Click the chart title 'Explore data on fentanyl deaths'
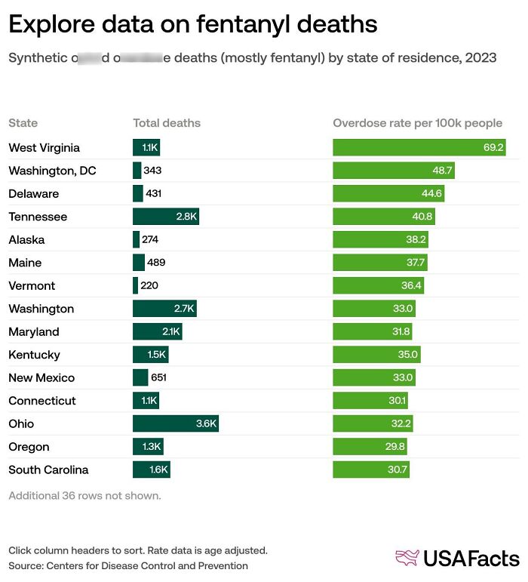click(x=192, y=24)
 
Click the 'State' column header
click(x=23, y=123)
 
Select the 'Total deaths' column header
click(x=167, y=123)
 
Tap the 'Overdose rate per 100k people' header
click(x=417, y=123)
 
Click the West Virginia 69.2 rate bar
click(x=419, y=147)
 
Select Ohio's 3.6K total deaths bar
click(x=176, y=423)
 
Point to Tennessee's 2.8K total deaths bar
click(x=166, y=217)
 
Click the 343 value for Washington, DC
click(x=152, y=171)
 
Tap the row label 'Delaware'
click(x=33, y=194)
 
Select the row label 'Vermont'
click(x=31, y=286)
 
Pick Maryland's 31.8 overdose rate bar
click(x=373, y=331)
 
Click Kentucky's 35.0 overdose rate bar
click(x=376, y=355)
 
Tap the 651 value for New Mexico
click(x=158, y=377)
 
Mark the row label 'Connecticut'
click(x=42, y=401)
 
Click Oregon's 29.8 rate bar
click(x=370, y=447)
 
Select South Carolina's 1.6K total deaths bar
click(x=152, y=470)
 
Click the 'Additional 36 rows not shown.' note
click(x=84, y=496)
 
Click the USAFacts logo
click(x=457, y=558)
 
